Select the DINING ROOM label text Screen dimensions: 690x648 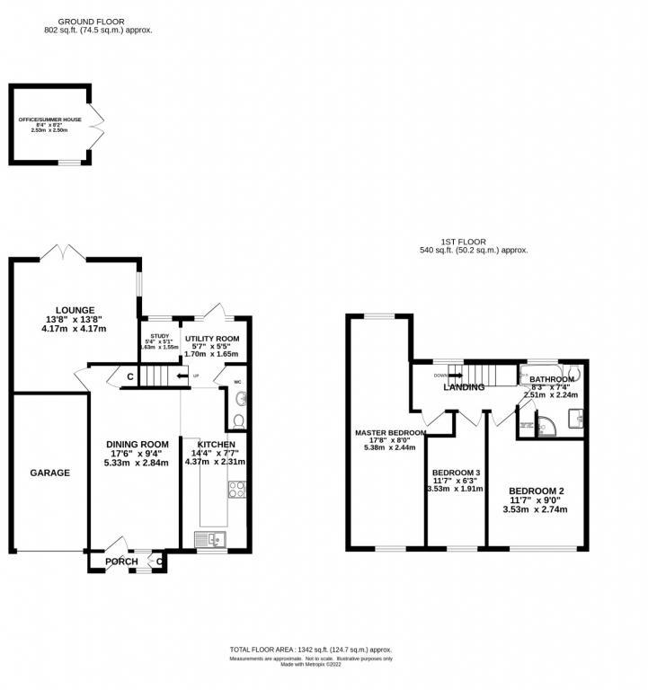tap(138, 444)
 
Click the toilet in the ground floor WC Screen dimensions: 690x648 tap(237, 420)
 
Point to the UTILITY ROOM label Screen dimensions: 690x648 tap(211, 339)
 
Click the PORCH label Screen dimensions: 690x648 tap(121, 562)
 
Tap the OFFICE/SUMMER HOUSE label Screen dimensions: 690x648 tap(50, 119)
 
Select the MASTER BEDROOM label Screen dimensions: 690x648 tap(388, 432)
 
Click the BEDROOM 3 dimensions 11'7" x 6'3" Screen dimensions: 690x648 tap(457, 482)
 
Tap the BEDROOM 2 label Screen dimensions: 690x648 tap(537, 492)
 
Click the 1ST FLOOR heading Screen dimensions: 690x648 tap(463, 242)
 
